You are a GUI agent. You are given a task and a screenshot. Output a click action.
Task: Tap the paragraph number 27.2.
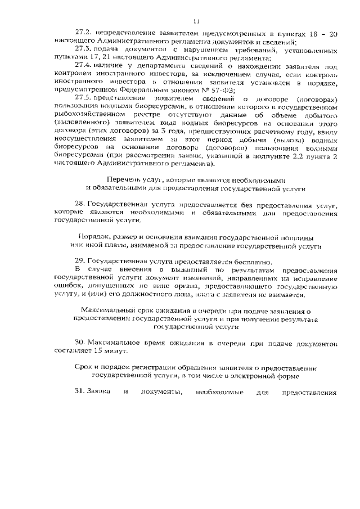point(83,34)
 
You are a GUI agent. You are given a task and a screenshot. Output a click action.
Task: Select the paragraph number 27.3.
point(83,50)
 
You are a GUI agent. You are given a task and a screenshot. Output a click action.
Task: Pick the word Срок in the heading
point(83,367)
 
